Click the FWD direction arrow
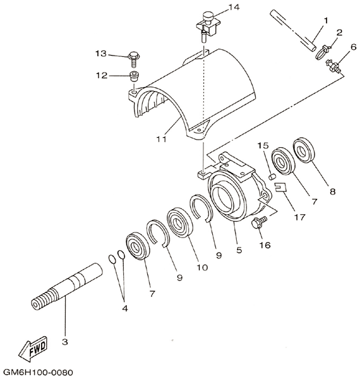(33, 349)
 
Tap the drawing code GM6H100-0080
(39, 371)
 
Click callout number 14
(234, 7)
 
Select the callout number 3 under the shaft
(65, 342)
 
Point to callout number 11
(162, 139)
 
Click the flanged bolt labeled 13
(133, 59)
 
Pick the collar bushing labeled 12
(134, 76)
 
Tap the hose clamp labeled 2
(322, 52)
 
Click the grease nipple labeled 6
(333, 66)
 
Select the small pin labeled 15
(272, 177)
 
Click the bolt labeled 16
(260, 222)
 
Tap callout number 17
(299, 217)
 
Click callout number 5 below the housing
(239, 250)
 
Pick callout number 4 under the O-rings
(125, 308)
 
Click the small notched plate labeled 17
(280, 187)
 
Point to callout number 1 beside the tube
(325, 21)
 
